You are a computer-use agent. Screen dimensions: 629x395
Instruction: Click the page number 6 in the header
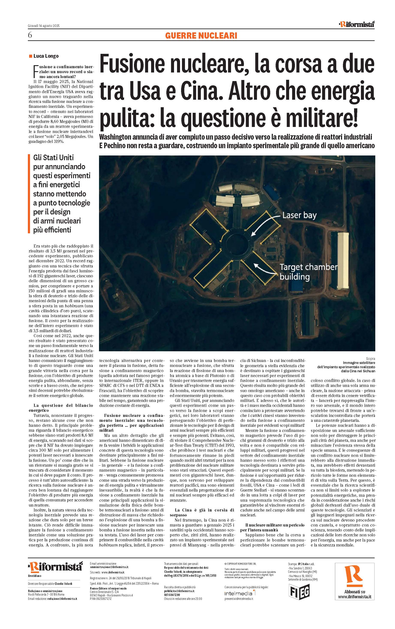point(30,35)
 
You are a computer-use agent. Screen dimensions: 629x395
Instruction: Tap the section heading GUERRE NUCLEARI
point(201,36)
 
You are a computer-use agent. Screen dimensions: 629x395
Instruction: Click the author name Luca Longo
point(46,56)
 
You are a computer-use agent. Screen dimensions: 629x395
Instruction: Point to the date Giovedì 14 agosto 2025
point(44,26)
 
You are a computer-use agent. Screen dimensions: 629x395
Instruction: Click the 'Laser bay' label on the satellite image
point(299,215)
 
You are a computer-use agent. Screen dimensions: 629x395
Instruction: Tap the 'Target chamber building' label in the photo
point(308,272)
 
